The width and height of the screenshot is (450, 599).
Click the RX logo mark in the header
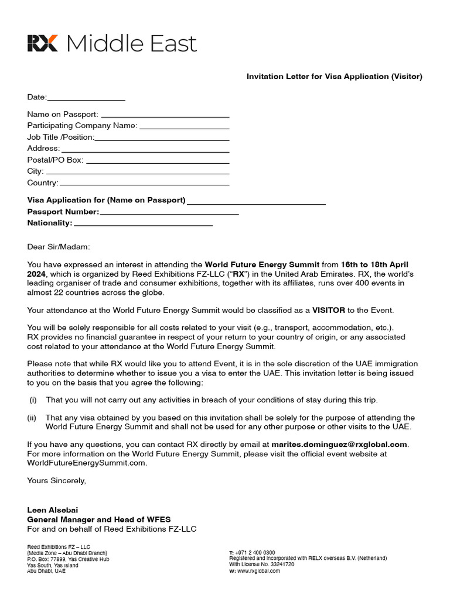(x=42, y=43)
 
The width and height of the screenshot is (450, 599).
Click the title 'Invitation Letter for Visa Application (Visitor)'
(x=334, y=77)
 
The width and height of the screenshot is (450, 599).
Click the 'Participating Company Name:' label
(x=82, y=125)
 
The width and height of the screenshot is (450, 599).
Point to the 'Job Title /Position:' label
(x=60, y=137)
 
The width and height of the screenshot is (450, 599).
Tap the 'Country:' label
(x=43, y=183)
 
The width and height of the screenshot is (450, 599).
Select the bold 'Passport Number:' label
(x=63, y=212)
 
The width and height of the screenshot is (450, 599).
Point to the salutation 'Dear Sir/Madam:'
(x=59, y=247)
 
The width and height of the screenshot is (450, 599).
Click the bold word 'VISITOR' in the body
(x=328, y=310)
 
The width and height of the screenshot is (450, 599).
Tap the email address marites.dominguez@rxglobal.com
(x=339, y=444)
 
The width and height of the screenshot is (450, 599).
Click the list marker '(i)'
(x=33, y=400)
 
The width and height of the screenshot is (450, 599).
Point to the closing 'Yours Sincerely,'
(x=56, y=481)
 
